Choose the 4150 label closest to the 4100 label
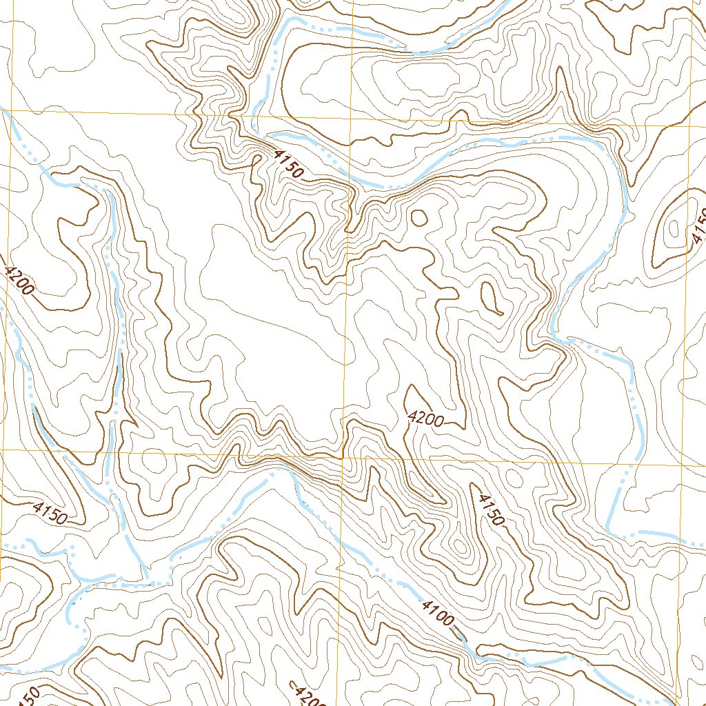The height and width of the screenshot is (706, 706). point(491,510)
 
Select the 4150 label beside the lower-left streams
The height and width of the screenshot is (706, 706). point(50,514)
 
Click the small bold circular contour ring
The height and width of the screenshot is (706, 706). point(418,218)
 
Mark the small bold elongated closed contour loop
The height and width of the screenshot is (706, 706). point(492,299)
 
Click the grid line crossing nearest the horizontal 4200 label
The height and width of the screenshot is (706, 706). point(343,456)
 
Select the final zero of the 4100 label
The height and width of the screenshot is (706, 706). point(449,621)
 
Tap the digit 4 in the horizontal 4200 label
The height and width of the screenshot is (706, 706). point(412,416)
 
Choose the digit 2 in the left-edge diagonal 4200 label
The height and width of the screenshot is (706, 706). point(14,276)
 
